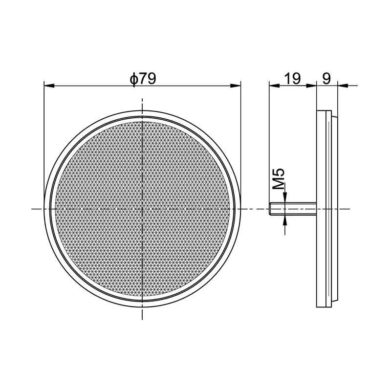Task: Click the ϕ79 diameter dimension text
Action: tap(142, 78)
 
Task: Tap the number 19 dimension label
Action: tap(292, 78)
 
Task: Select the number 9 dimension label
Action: tap(326, 78)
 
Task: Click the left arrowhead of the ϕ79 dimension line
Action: tap(48, 86)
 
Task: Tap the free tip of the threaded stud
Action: tap(271, 209)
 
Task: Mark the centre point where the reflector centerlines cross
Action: tap(142, 209)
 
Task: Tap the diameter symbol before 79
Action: tap(132, 79)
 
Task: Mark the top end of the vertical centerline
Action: tap(142, 99)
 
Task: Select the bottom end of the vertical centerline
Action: tap(142, 319)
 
